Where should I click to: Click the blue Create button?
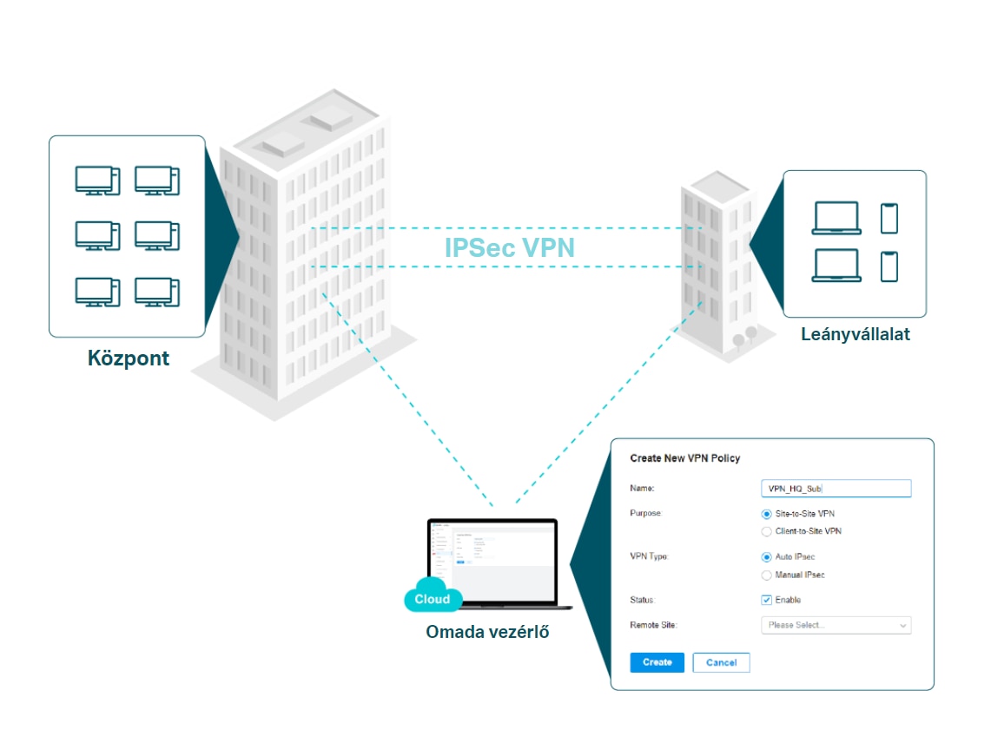[657, 662]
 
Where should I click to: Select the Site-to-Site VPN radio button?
[766, 514]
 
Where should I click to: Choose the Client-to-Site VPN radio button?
[766, 531]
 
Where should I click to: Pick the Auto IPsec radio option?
[766, 557]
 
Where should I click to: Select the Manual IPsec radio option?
[766, 575]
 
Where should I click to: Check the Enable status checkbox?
[766, 600]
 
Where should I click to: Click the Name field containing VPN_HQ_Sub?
[835, 489]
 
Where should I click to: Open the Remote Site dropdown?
[835, 625]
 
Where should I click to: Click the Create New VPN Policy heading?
[684, 458]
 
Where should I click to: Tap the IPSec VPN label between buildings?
[509, 248]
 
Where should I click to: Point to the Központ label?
[129, 358]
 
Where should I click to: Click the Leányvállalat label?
[856, 333]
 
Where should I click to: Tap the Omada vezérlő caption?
[487, 632]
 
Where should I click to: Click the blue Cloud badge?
[433, 599]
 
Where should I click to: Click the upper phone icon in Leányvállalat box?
[889, 218]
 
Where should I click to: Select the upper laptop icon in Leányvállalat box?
[836, 218]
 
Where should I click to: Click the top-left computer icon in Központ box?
[95, 180]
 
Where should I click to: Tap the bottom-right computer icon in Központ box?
[156, 291]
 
